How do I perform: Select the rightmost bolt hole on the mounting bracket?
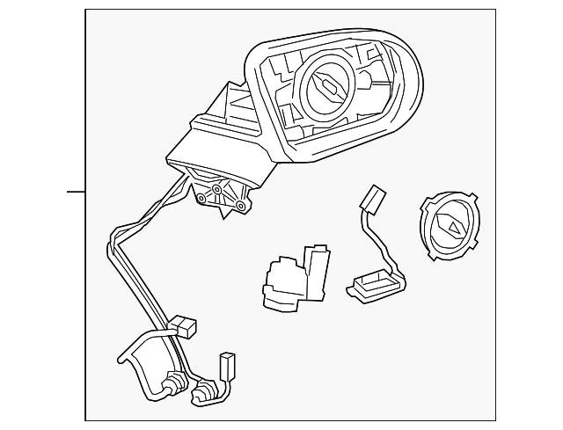[238, 206]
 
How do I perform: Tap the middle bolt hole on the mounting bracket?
[216, 189]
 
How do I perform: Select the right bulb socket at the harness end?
[204, 390]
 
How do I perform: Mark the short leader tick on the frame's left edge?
[77, 191]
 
